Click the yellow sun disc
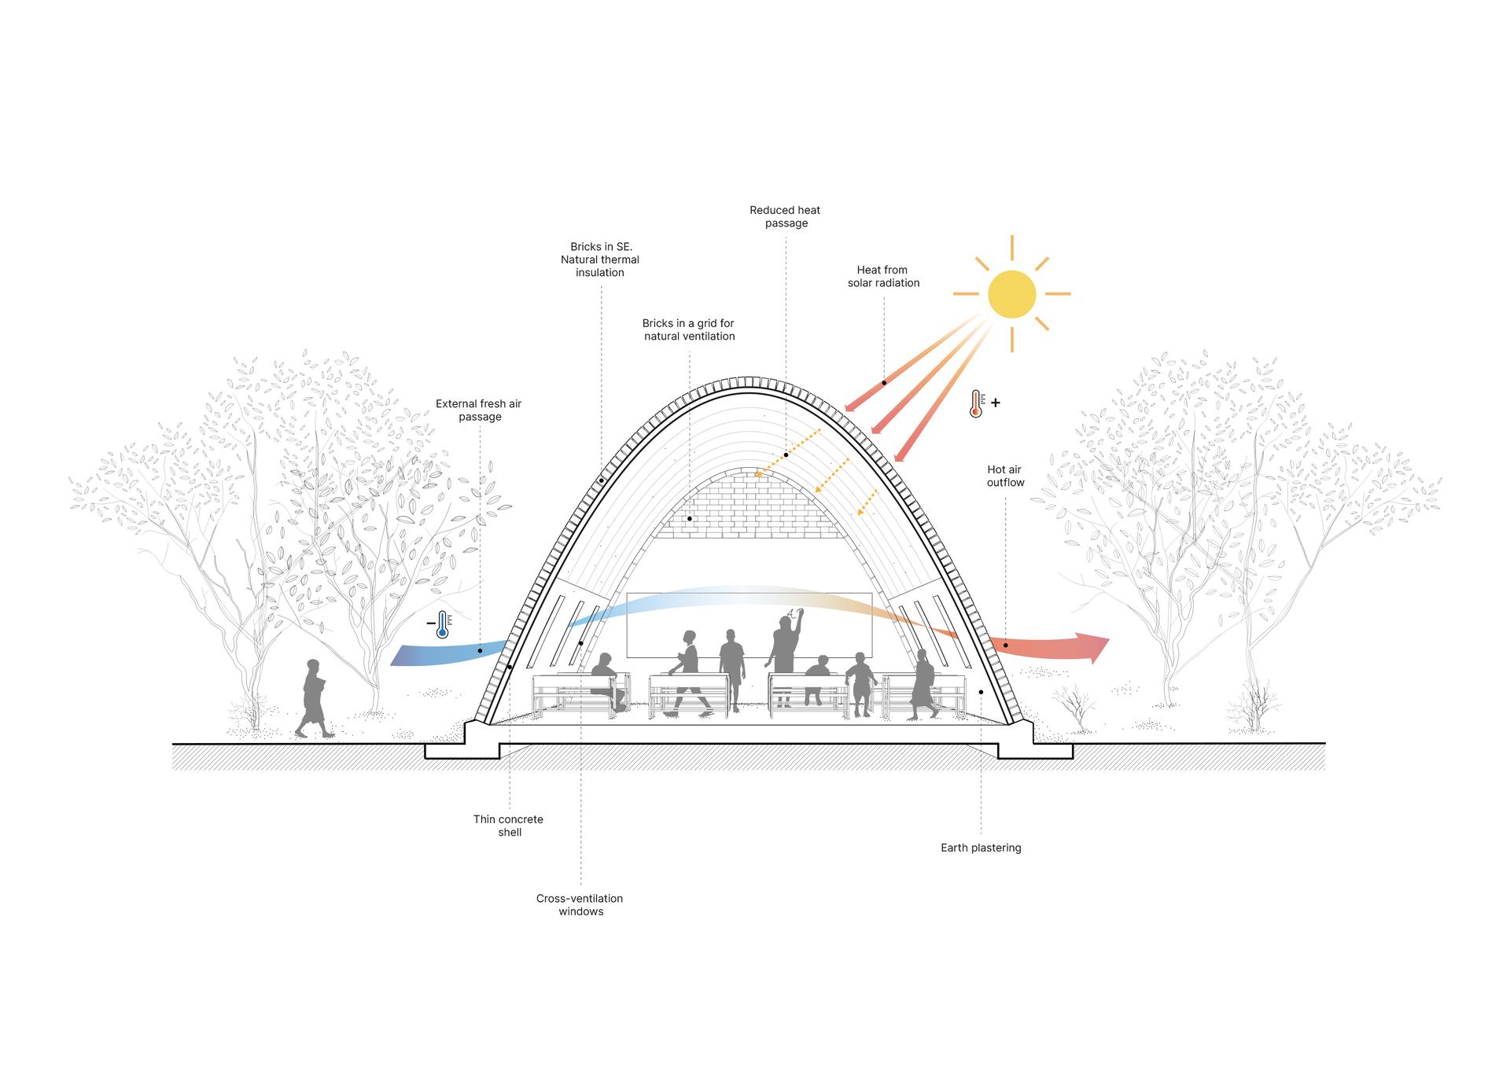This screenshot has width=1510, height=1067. pos(1011,294)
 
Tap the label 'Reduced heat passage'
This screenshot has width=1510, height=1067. pos(786,216)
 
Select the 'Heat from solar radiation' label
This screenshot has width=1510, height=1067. pos(883,276)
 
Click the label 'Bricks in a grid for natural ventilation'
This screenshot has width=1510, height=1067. pos(689,329)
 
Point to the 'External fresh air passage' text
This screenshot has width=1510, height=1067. pos(479,410)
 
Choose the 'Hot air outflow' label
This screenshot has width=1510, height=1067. pos(1005,476)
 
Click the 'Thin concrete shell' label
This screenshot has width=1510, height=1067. pos(509,826)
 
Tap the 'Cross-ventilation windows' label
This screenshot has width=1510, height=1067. pos(580,905)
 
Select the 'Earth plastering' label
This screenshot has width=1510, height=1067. pos(981,848)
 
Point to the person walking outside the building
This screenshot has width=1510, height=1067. pos(315,698)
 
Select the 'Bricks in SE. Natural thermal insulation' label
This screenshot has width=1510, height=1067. pos(600,259)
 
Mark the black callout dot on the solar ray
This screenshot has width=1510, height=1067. pos(884,383)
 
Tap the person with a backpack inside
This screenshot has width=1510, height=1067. pos(923,685)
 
